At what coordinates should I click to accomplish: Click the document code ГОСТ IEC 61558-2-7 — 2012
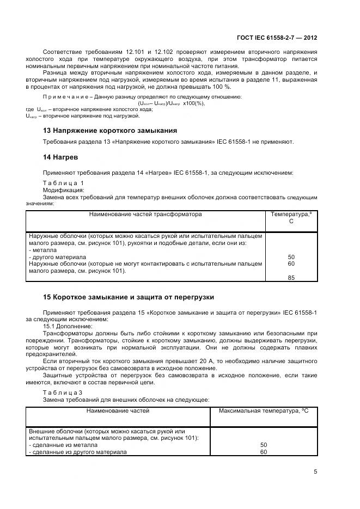(277, 38)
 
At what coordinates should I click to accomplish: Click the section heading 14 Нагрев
(60, 157)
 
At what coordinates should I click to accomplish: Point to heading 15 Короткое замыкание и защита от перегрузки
(129, 297)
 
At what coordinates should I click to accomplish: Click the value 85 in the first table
(291, 278)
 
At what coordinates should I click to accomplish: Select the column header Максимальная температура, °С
(264, 410)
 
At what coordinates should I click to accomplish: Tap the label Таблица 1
(63, 183)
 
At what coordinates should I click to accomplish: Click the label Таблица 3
(63, 393)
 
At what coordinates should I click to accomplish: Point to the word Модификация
(63, 191)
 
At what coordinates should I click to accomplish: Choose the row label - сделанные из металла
(57, 445)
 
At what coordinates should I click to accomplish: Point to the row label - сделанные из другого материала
(77, 452)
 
